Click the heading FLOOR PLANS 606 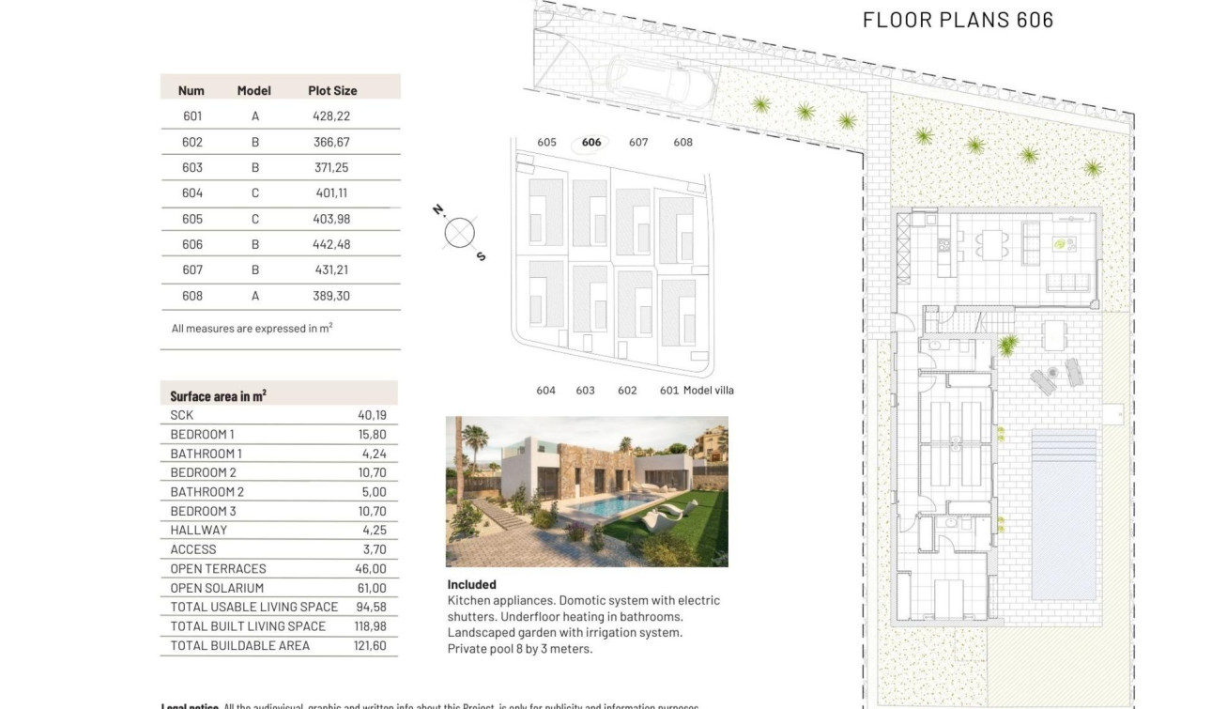tap(958, 20)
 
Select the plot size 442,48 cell tap(331, 244)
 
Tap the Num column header tap(191, 91)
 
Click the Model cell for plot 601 tap(254, 116)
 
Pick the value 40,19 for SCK tap(372, 415)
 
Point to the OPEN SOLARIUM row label tap(217, 588)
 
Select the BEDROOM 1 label tap(202, 434)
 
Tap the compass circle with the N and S tap(459, 233)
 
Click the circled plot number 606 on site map tap(591, 143)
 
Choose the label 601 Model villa tap(697, 391)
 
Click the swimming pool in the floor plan tap(1063, 514)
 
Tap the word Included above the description tap(471, 584)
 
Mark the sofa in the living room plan tap(1067, 283)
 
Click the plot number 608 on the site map tap(682, 143)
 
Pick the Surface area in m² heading tap(218, 396)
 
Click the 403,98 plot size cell tap(331, 219)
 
